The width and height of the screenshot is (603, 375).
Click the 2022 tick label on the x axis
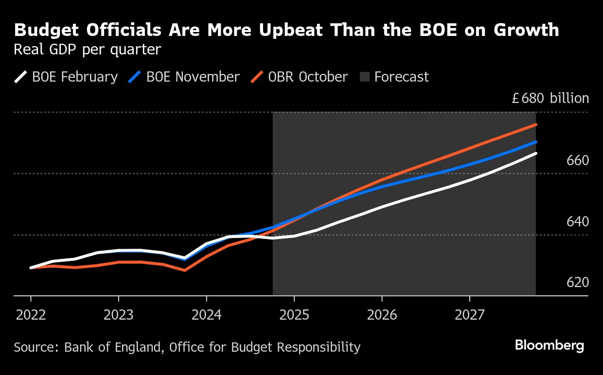coord(31,315)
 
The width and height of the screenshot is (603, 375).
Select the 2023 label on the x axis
coord(119,315)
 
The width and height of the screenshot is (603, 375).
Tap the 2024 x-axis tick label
coord(206,315)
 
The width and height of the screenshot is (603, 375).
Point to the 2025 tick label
coord(294,315)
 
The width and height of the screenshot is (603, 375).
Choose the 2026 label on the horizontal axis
coord(382,315)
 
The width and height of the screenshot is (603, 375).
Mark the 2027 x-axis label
coord(470,315)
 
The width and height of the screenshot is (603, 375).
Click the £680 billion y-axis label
coord(550,99)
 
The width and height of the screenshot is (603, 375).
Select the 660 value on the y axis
coord(578,160)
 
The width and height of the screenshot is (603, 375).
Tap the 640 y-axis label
coord(578,222)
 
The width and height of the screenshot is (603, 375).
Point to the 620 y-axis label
coord(578,283)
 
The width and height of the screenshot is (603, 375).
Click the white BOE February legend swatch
coord(20,77)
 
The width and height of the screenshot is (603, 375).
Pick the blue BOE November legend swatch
coord(135,77)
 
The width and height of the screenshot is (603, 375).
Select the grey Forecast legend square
coord(365,77)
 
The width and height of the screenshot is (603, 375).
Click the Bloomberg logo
coord(550,346)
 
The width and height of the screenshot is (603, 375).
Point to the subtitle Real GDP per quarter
coord(87,50)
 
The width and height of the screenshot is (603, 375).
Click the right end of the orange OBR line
coord(536,125)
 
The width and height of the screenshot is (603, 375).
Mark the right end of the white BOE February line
coord(536,153)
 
